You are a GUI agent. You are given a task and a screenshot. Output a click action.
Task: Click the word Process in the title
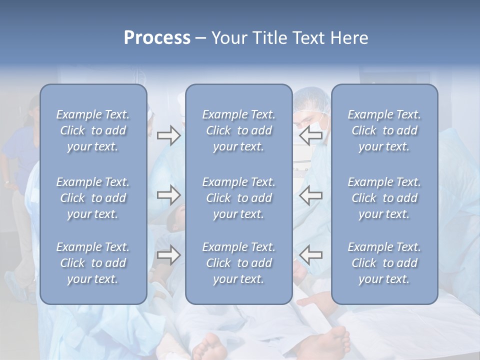click(x=157, y=38)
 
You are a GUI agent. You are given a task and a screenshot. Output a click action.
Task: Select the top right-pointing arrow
click(x=168, y=135)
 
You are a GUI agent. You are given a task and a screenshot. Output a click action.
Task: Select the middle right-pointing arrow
click(x=168, y=195)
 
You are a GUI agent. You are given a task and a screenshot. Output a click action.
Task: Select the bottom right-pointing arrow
click(x=168, y=255)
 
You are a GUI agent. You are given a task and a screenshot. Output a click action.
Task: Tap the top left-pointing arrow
click(x=310, y=135)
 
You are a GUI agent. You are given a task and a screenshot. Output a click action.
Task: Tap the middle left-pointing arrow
click(x=310, y=195)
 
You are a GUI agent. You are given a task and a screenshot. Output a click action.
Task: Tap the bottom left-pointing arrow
click(x=310, y=255)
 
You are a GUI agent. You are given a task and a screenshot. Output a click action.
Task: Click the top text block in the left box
click(x=93, y=130)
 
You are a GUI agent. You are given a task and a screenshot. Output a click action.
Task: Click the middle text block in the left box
click(x=93, y=198)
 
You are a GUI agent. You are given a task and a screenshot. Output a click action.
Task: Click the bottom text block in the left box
click(x=93, y=263)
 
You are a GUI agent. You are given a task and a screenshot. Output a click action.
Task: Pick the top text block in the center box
click(x=238, y=130)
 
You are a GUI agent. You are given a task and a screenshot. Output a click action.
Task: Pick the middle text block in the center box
click(x=238, y=198)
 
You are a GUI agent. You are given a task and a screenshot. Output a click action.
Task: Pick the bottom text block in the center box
click(x=238, y=263)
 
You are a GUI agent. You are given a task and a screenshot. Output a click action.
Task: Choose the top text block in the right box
click(x=384, y=130)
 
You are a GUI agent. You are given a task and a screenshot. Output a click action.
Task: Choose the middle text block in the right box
click(x=384, y=198)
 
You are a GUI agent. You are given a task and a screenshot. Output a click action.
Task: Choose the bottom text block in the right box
click(x=384, y=263)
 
